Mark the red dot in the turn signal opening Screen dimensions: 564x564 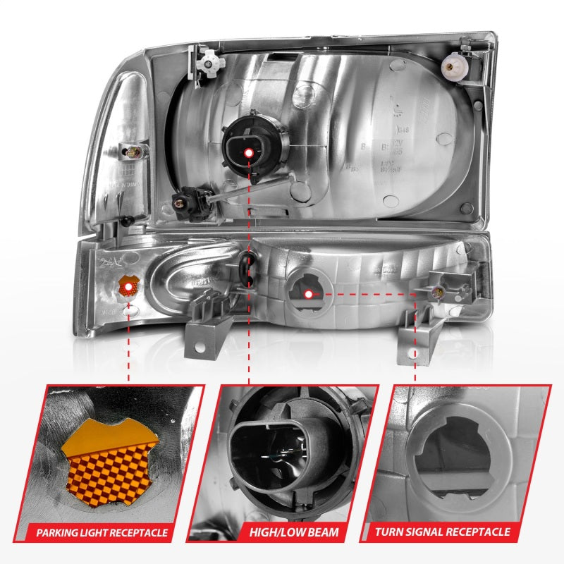click(x=308, y=293)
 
